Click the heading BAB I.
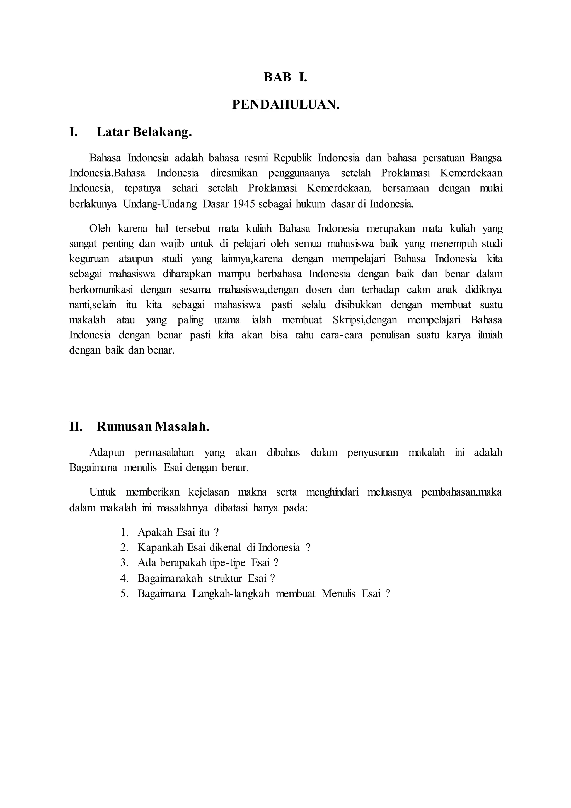click(x=285, y=77)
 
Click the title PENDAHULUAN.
click(x=285, y=105)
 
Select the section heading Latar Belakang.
click(x=144, y=132)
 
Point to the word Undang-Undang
click(x=160, y=204)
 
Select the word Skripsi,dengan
click(x=365, y=320)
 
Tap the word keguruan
click(x=89, y=259)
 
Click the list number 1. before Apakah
click(x=125, y=532)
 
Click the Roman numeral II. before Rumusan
click(x=76, y=427)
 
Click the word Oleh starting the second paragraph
click(x=100, y=229)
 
